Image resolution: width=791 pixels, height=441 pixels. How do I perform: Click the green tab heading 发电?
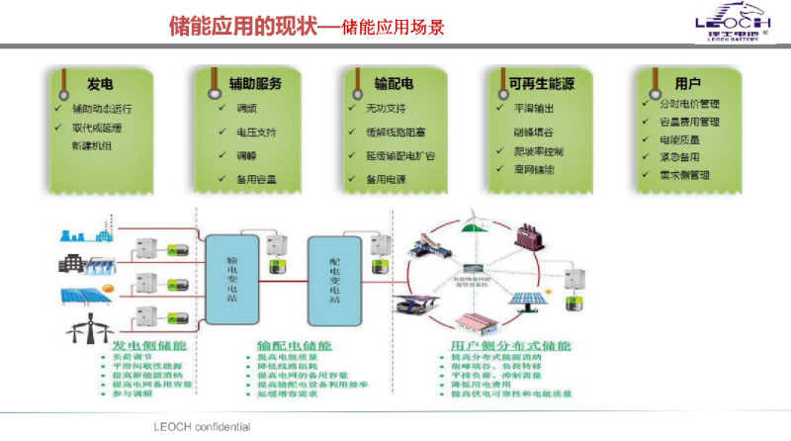tap(99, 83)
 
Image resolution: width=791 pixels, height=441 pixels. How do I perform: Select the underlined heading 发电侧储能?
tap(151, 345)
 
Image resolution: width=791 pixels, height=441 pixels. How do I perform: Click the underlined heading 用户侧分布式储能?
tap(505, 345)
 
